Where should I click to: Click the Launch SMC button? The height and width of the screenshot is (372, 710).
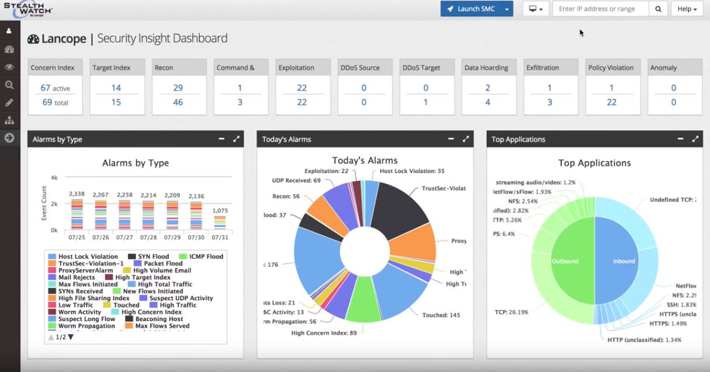(471, 9)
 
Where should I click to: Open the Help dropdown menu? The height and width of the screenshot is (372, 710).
(687, 9)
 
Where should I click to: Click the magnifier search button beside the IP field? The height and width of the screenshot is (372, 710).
(658, 9)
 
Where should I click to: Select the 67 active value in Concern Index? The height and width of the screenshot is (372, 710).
(55, 88)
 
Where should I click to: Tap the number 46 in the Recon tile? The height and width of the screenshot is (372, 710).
(178, 102)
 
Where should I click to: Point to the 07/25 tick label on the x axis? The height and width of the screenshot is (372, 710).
(77, 237)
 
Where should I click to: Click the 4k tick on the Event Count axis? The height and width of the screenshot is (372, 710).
(54, 177)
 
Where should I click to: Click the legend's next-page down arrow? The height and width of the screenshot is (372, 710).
(71, 337)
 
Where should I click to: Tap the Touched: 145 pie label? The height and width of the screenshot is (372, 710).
(441, 315)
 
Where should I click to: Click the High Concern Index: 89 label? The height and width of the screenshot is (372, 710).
(323, 333)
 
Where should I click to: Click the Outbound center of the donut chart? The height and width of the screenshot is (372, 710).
(565, 261)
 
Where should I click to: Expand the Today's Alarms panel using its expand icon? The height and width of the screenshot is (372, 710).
(466, 139)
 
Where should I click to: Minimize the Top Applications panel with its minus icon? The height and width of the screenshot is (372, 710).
(681, 139)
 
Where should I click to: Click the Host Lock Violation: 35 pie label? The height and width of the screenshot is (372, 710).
(412, 171)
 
